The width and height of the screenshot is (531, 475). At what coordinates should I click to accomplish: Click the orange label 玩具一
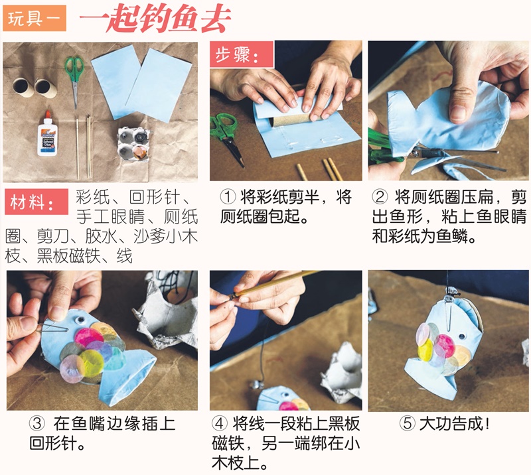[x=35, y=20]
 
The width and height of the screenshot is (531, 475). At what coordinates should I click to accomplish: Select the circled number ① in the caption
[x=228, y=197]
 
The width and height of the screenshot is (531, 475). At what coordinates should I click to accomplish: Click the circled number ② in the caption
[x=380, y=197]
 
